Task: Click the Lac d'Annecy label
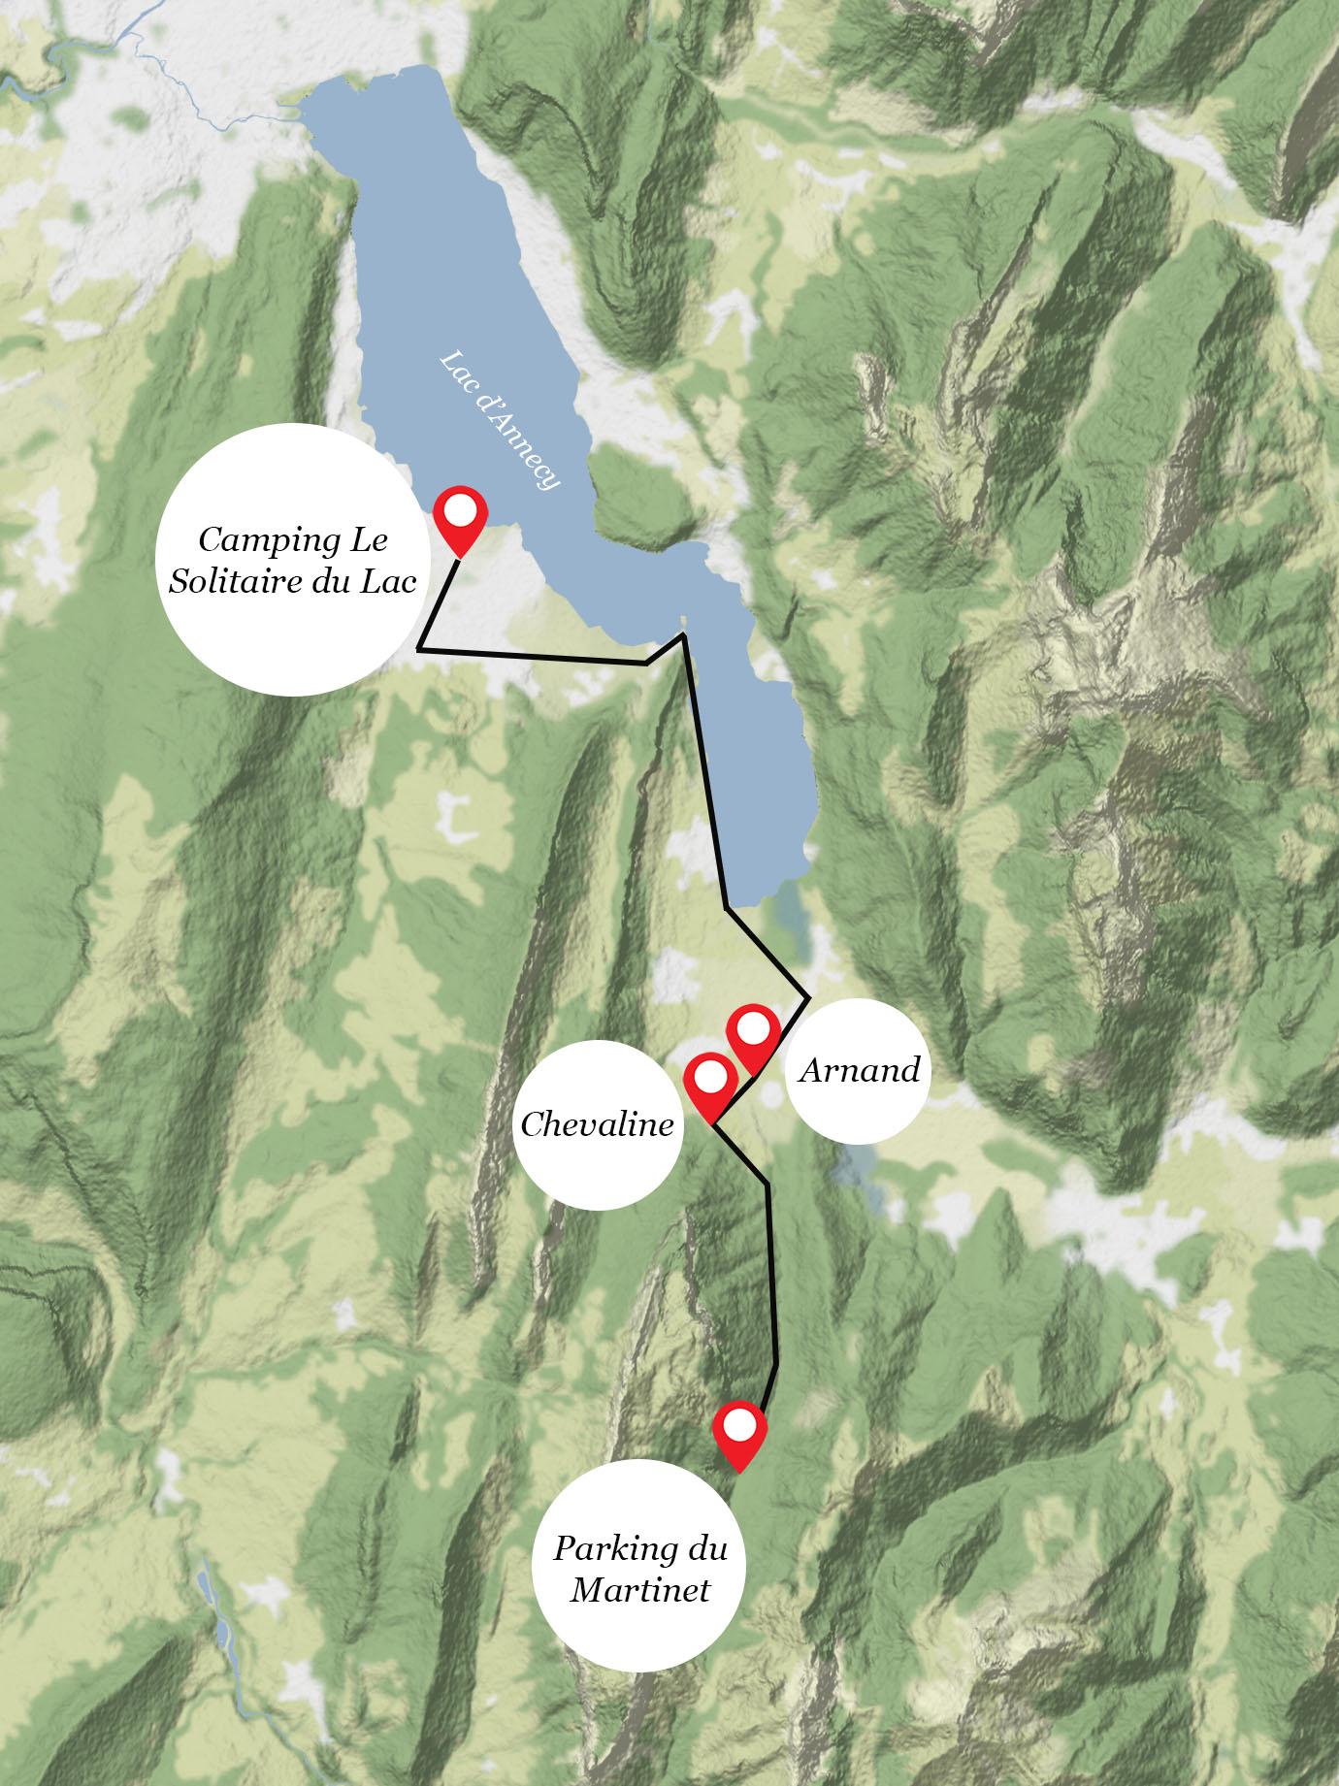tap(500, 419)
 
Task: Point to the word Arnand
tap(859, 1071)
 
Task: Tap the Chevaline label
tap(597, 1125)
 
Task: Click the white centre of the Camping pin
tap(460, 509)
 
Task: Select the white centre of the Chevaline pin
tap(710, 1075)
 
